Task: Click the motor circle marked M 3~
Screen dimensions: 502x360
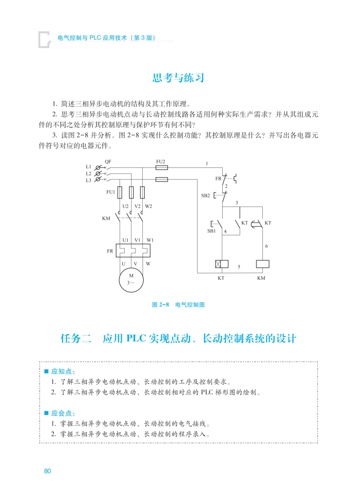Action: click(131, 280)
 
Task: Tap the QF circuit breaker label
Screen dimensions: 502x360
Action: click(108, 162)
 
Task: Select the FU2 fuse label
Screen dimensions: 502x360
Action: click(160, 162)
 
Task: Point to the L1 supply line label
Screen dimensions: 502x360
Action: click(88, 167)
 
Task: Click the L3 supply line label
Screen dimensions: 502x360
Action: click(88, 181)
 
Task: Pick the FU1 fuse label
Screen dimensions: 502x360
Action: click(111, 192)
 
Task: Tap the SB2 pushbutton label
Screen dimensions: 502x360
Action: click(205, 196)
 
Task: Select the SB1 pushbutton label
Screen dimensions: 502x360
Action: click(211, 231)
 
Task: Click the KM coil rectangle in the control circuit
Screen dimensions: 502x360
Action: click(263, 264)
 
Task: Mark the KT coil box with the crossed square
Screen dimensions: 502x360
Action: click(222, 264)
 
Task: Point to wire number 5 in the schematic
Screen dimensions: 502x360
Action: click(239, 267)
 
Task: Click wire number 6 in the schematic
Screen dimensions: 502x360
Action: click(266, 246)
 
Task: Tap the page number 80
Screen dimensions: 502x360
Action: click(47, 471)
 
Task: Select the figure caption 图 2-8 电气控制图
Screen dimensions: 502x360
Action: click(178, 305)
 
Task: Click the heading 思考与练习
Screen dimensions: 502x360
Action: click(178, 78)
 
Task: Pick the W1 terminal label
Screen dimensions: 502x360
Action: click(150, 240)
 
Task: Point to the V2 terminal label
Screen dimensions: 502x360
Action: click(137, 206)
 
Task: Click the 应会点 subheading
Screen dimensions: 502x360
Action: click(63, 413)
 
